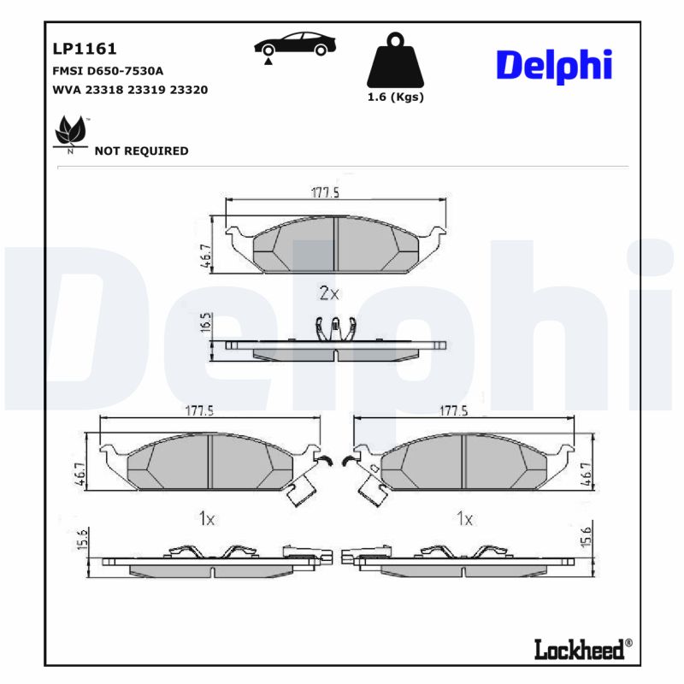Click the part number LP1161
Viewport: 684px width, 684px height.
coord(85,49)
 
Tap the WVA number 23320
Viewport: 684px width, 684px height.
coord(190,90)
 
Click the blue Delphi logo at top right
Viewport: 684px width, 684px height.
coord(554,64)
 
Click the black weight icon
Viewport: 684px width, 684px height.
coord(395,59)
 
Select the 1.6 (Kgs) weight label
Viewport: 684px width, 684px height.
coord(395,97)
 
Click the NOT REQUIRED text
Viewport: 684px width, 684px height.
coord(141,151)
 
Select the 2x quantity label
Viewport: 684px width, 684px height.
coord(329,293)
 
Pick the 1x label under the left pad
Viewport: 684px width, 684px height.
coord(206,518)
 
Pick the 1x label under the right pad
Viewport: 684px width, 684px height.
coord(464,518)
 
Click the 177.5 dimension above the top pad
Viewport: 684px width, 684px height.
coord(325,193)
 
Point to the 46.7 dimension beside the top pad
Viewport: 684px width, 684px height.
coord(205,256)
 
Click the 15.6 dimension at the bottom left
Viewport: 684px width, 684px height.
coord(83,540)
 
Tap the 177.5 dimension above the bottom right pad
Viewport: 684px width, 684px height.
coord(453,411)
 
